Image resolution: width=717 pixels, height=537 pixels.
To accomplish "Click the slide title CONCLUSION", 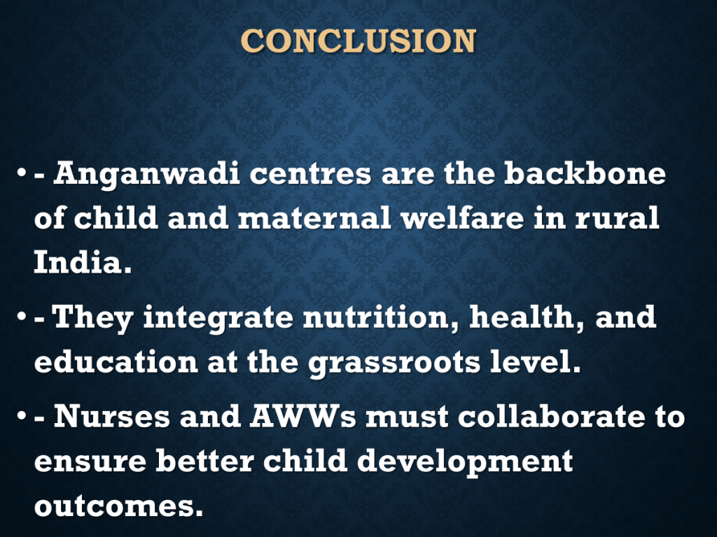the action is point(358,41).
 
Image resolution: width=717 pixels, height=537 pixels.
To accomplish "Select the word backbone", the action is point(585,173).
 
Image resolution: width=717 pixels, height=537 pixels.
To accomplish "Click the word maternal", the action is point(314,218).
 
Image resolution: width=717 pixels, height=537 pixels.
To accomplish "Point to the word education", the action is point(116,361).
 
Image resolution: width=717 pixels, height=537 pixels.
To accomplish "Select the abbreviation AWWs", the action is point(302,416).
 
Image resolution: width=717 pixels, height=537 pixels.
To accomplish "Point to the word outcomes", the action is point(118,506).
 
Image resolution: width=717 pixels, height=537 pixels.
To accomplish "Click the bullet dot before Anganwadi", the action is point(21,173).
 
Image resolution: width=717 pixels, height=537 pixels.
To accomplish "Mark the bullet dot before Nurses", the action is point(21,416).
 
